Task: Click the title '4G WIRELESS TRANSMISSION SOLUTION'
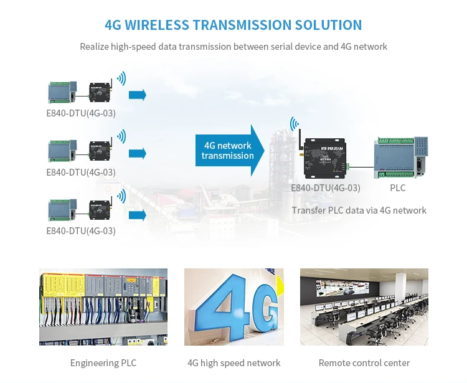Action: pyautogui.click(x=233, y=25)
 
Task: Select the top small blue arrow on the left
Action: pyautogui.click(x=137, y=95)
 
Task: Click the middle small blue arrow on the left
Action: pyautogui.click(x=137, y=153)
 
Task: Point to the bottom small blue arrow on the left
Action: pyautogui.click(x=137, y=215)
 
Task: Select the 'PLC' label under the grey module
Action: pyautogui.click(x=397, y=187)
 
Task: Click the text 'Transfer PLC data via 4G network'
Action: pyautogui.click(x=359, y=210)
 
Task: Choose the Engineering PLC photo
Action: pyautogui.click(x=103, y=306)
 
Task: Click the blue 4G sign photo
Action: pyautogui.click(x=233, y=306)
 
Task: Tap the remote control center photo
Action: pyautogui.click(x=364, y=306)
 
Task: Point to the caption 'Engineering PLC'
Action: pyautogui.click(x=103, y=363)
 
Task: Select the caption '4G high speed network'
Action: pyautogui.click(x=233, y=363)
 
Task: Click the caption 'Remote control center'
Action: pyautogui.click(x=364, y=363)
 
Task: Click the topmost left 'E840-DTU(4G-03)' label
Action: pyautogui.click(x=81, y=113)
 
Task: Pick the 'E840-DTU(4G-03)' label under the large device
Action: pyautogui.click(x=325, y=187)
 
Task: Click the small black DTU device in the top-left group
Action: pyautogui.click(x=100, y=92)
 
